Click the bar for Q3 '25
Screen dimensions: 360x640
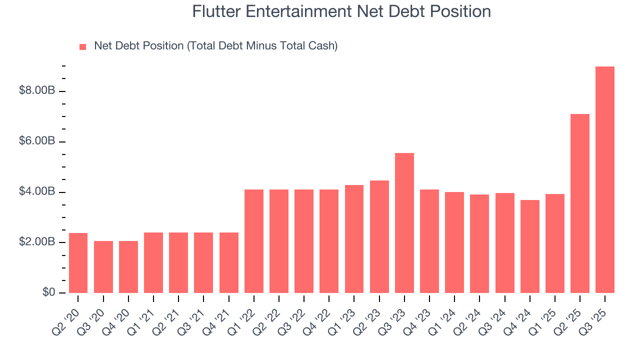tap(605, 180)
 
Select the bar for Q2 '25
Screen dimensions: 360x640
tap(580, 203)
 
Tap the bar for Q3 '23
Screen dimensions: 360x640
tap(404, 223)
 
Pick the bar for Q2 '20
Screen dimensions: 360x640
tap(78, 263)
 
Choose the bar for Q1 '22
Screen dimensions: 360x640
tap(254, 241)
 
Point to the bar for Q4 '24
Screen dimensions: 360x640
tap(530, 246)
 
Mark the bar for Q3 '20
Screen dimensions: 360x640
tap(103, 267)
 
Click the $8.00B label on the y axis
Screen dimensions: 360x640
tap(37, 91)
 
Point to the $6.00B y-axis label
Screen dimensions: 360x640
tap(37, 141)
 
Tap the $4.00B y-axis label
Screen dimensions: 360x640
tap(37, 192)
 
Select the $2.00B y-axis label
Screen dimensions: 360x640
tap(37, 242)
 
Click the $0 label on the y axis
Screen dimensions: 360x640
tap(48, 292)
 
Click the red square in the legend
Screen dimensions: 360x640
tap(83, 47)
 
